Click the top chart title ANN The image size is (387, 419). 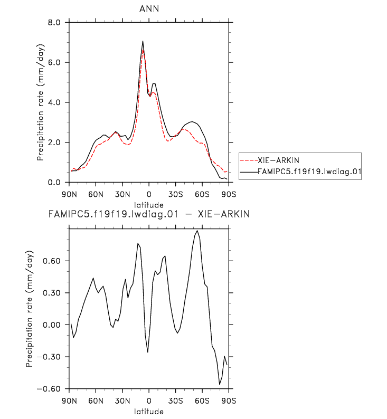tap(148, 8)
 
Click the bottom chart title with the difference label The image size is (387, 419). tap(148, 215)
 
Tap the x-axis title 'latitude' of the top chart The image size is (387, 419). tap(148, 205)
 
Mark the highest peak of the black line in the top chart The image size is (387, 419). tap(143, 41)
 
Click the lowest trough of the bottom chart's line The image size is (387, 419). tap(220, 384)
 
